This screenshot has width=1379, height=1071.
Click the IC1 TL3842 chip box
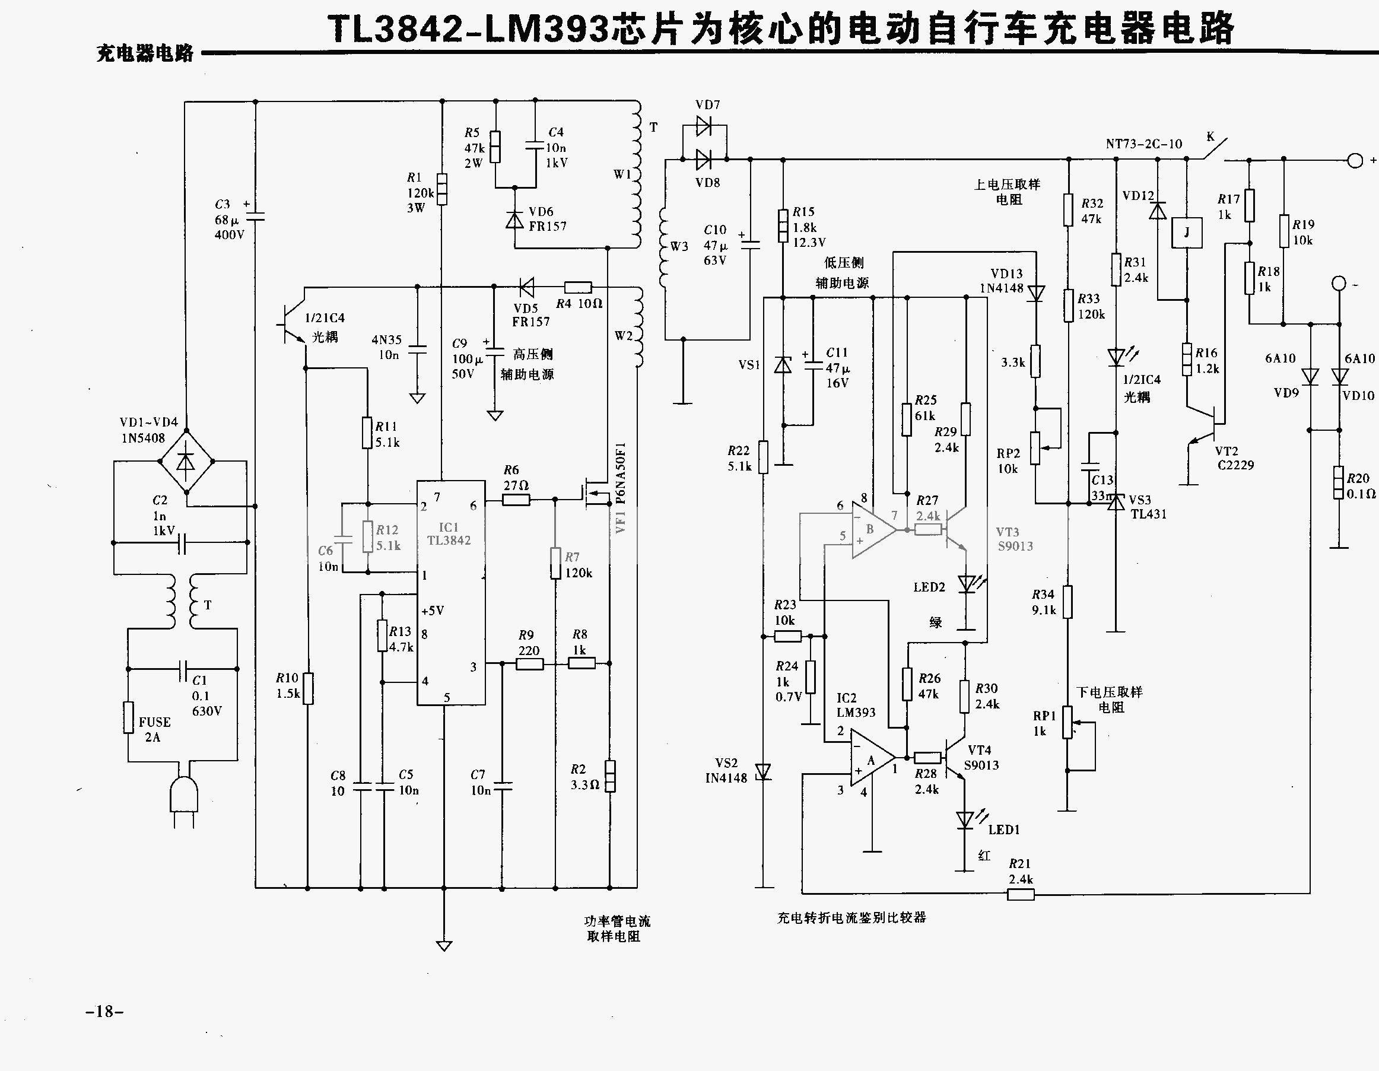coord(450,592)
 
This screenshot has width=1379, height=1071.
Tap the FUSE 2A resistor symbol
coord(129,717)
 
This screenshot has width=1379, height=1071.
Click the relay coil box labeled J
coord(1186,233)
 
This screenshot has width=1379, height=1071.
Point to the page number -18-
coord(105,1011)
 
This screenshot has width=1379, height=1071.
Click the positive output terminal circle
coord(1355,160)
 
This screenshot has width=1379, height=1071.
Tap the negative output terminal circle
coord(1339,283)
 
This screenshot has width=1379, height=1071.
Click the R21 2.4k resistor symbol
coord(1021,894)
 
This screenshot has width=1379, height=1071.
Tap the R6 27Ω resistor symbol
coord(516,500)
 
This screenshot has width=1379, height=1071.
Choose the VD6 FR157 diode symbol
coord(515,220)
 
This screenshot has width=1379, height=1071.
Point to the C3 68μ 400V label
coord(228,219)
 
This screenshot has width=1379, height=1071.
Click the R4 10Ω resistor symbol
coord(578,287)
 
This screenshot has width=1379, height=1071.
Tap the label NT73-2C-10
coord(1143,144)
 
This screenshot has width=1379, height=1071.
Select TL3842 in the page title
coord(396,30)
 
